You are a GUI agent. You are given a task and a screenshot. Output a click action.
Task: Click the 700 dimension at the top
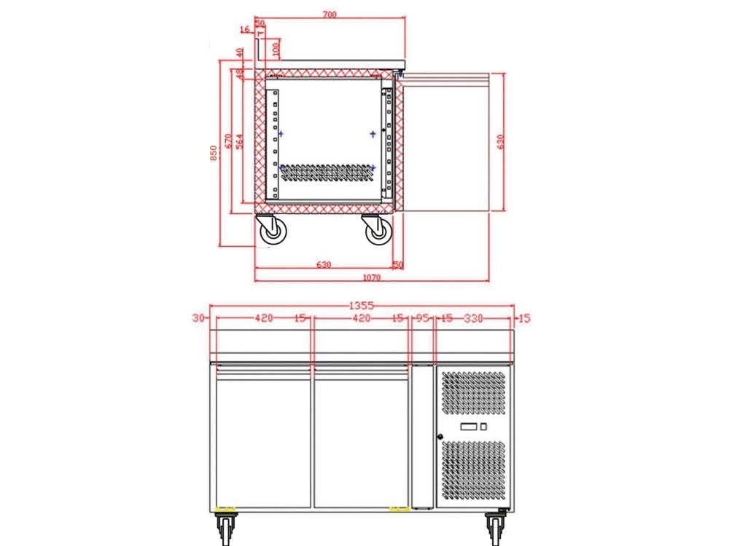tap(330, 15)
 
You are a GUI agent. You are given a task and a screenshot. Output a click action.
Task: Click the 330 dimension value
tap(474, 318)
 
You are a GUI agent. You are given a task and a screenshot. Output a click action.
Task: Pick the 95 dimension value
tap(423, 318)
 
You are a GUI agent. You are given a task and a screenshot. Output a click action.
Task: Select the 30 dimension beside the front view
tap(198, 317)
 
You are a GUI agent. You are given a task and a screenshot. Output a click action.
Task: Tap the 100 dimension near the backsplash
tap(276, 49)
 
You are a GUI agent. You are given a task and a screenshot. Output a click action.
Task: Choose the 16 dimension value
tap(243, 30)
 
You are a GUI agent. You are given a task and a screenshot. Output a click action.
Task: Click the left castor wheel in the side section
tap(272, 231)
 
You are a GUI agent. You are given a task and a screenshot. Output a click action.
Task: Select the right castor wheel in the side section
tap(377, 231)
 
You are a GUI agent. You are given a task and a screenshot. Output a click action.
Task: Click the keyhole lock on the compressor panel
tap(440, 437)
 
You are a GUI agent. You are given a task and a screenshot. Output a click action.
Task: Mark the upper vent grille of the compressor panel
tap(473, 394)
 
